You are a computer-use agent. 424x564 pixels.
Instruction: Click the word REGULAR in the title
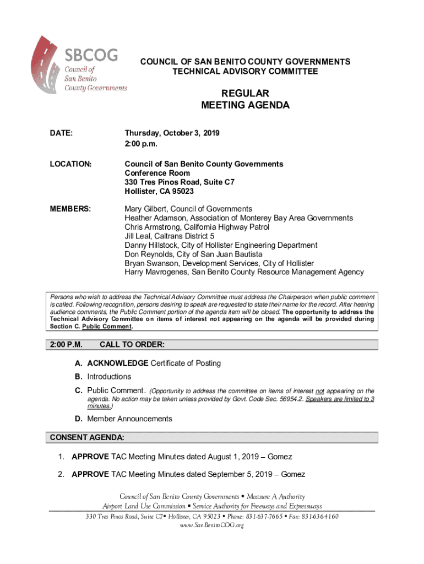(x=245, y=94)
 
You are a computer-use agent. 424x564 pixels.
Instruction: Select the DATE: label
(x=61, y=133)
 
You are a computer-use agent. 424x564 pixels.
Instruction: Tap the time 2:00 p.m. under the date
(x=141, y=144)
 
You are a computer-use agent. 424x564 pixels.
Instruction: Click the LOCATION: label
(x=70, y=164)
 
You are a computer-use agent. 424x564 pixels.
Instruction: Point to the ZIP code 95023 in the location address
(x=182, y=191)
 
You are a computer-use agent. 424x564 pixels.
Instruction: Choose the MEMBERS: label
(x=70, y=209)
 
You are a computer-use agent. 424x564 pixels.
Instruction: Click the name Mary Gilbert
(x=145, y=209)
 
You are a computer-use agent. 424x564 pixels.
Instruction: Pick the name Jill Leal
(x=138, y=236)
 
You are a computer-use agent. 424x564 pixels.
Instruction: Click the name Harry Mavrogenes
(x=157, y=272)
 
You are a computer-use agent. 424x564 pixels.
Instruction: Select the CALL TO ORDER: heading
(x=132, y=345)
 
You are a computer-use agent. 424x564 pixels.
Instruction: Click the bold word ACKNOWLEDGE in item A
(x=117, y=363)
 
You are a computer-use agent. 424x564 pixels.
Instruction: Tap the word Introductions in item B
(x=109, y=377)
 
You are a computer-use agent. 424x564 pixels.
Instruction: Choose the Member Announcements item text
(x=129, y=419)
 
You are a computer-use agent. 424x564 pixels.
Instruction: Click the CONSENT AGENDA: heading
(x=86, y=438)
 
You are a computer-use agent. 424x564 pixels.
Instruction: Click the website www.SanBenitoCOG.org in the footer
(x=212, y=525)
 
